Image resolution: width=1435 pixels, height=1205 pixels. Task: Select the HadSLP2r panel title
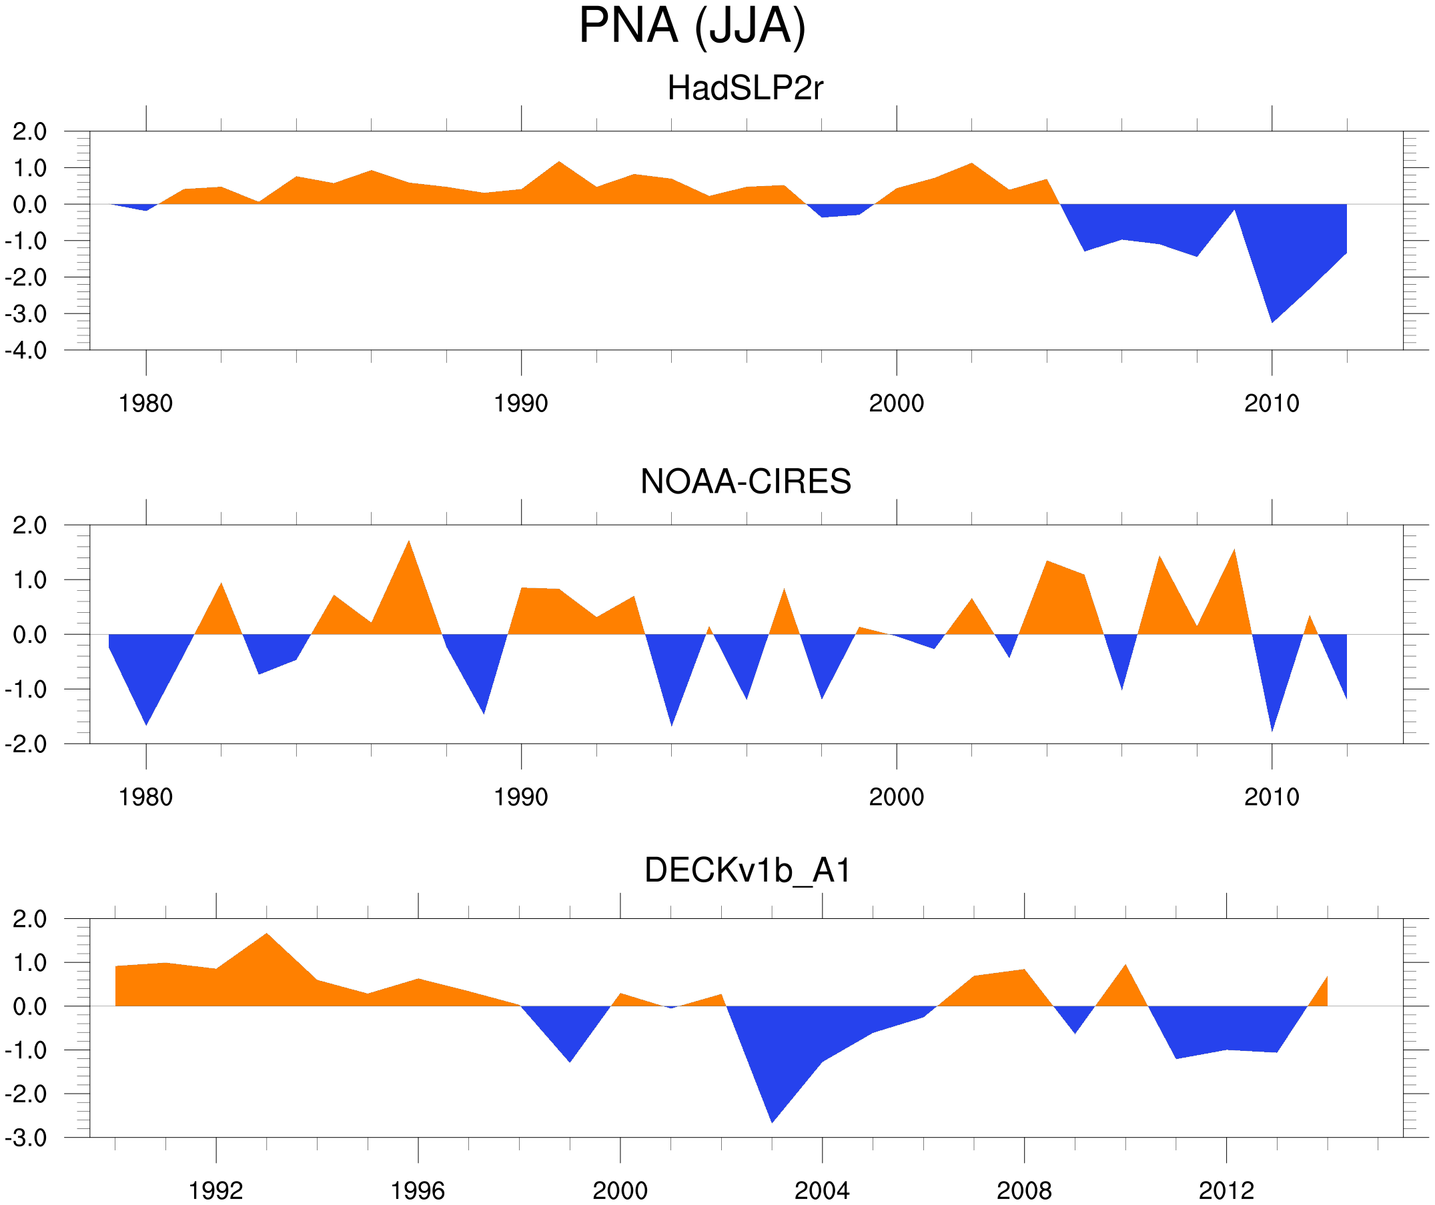745,89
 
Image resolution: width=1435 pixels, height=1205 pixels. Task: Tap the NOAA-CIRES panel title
745,481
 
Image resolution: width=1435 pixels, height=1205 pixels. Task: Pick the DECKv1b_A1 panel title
748,871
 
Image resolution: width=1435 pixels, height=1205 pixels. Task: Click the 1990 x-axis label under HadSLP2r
521,403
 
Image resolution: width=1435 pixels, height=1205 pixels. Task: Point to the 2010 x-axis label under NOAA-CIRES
1271,797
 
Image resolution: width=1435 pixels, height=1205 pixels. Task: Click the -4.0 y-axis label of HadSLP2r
26,351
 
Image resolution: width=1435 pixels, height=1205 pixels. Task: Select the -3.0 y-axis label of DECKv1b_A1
26,1139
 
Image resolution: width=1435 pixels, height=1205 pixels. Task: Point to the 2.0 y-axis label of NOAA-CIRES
29,526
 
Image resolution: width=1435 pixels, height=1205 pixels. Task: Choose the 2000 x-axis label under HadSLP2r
896,403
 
